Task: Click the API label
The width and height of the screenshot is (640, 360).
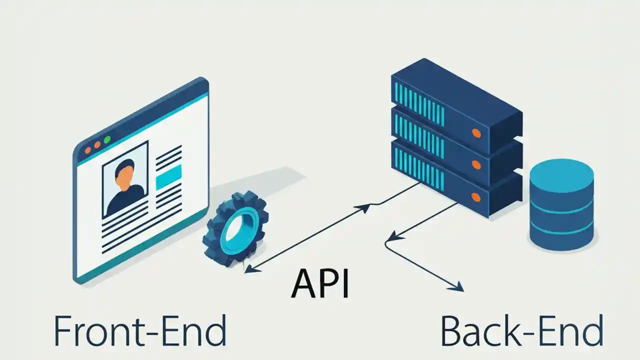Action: pos(320,283)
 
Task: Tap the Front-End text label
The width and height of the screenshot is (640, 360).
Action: pos(139,331)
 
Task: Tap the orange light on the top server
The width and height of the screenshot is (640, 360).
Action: pos(476,133)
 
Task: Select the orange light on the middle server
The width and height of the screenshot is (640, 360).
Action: pos(476,165)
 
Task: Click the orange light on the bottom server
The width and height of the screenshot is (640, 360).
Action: pos(476,197)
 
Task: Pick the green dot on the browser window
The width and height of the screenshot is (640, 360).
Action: pos(106,140)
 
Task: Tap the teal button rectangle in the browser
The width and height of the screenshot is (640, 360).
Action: pos(168,178)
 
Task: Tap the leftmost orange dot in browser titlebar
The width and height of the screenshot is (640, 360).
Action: pos(88,149)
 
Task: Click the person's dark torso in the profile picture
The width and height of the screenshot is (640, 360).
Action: pos(124,200)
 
